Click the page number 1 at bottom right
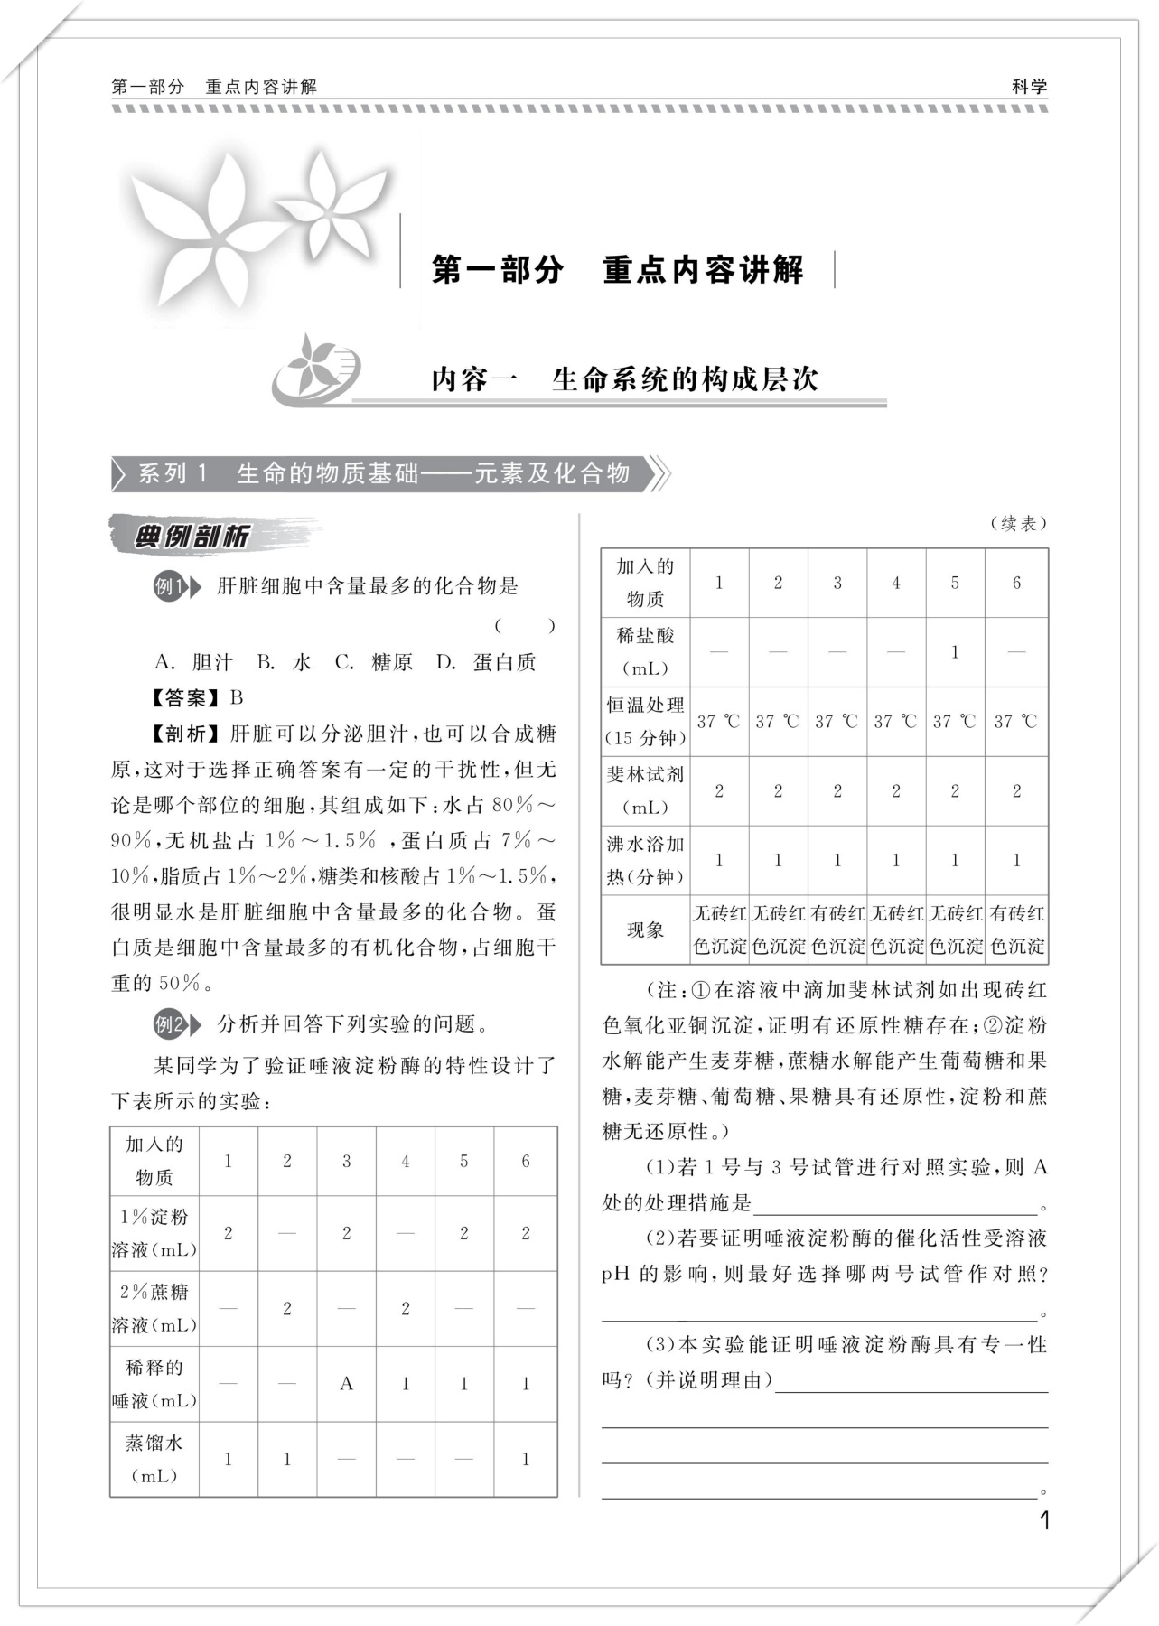click(x=1045, y=1520)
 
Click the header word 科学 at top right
click(x=1029, y=87)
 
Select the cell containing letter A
click(x=346, y=1384)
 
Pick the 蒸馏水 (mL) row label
click(x=154, y=1459)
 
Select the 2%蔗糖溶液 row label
click(x=154, y=1309)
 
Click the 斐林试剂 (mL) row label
click(x=645, y=791)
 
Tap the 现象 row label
click(x=645, y=930)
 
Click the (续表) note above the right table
click(x=1018, y=523)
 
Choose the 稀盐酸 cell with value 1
click(x=955, y=652)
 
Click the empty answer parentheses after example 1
click(x=525, y=625)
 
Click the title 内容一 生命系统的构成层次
click(x=624, y=379)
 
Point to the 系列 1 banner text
click(x=384, y=473)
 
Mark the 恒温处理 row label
click(x=645, y=722)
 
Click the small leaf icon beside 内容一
click(x=316, y=369)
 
